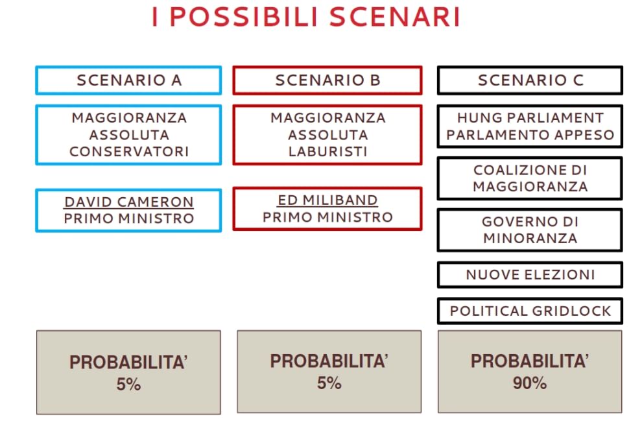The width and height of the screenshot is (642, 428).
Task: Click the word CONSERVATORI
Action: pos(129,152)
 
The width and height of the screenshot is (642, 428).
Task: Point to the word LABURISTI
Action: pos(328,152)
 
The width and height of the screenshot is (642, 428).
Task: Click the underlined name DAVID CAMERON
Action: pos(129,202)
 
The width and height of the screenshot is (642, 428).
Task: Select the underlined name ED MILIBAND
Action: pos(327,200)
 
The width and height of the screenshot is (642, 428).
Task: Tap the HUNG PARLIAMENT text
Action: pos(530,118)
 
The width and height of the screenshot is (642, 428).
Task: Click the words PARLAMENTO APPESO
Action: pos(530,135)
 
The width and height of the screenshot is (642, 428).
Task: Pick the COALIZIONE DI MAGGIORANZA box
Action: pos(530,178)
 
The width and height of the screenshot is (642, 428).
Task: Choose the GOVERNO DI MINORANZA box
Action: pos(530,230)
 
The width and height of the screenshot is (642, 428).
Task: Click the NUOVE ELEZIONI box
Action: pos(530,275)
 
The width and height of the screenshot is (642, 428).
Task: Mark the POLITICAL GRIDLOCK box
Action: pos(530,311)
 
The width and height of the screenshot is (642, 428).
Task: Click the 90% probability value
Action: pos(530,383)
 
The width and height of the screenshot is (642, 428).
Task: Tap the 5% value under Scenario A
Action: pos(128,385)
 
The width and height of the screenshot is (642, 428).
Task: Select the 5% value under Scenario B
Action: pos(329,383)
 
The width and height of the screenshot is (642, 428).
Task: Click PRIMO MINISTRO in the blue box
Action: pos(129,219)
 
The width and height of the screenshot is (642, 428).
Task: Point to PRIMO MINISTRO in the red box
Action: pos(328,217)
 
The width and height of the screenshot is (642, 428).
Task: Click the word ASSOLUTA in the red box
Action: pos(328,135)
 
